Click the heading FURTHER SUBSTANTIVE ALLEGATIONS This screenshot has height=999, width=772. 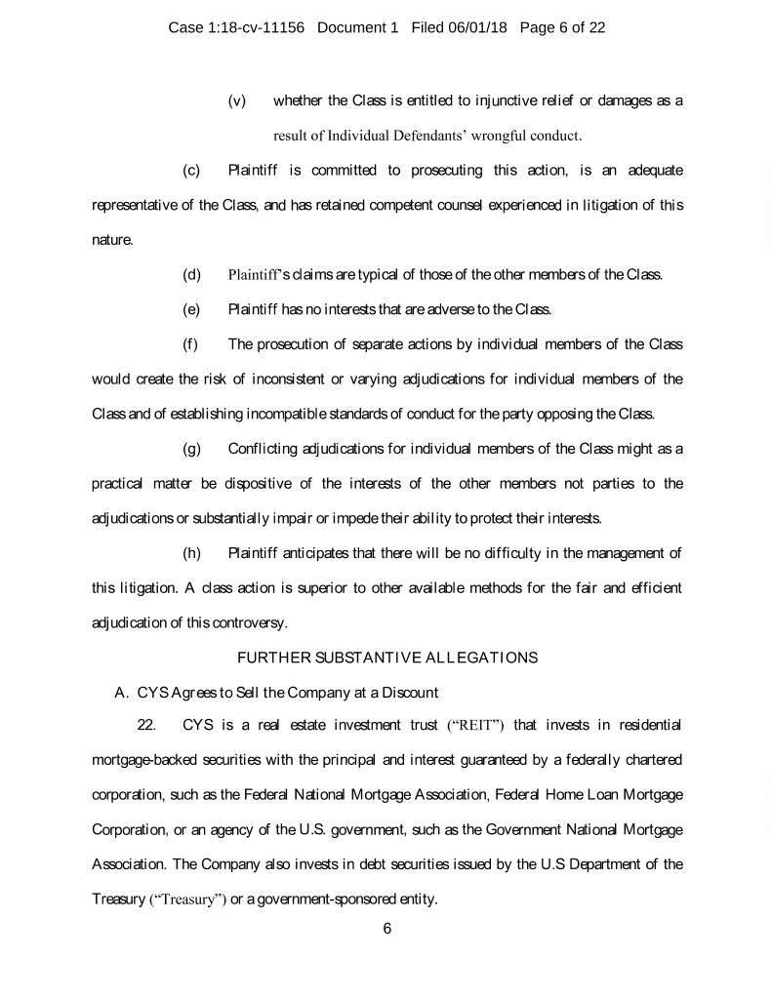click(387, 658)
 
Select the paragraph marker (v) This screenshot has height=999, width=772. click(236, 101)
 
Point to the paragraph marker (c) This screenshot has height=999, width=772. click(191, 171)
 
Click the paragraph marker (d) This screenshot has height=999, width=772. click(191, 274)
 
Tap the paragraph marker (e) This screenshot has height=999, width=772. click(191, 309)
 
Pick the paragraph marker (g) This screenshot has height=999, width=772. click(191, 448)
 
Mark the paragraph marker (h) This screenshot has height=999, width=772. click(191, 553)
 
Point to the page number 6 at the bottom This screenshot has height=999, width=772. click(387, 928)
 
